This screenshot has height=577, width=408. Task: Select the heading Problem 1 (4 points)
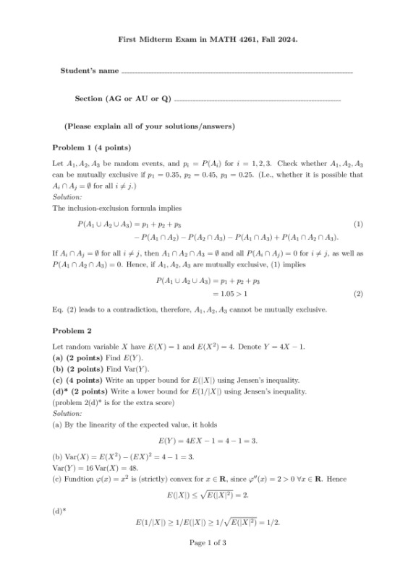point(92,147)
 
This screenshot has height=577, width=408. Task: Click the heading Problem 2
point(72,331)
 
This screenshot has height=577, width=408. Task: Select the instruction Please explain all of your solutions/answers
point(150,126)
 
